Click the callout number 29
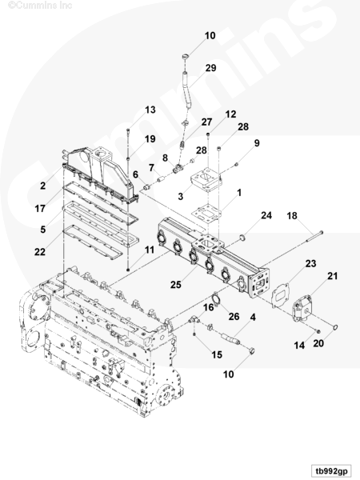(x=210, y=68)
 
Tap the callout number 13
(x=150, y=110)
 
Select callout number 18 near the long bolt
(x=292, y=216)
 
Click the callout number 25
(x=176, y=285)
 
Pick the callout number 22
(x=40, y=252)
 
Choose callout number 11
(x=150, y=250)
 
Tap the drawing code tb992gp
(x=331, y=470)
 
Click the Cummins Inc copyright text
(x=40, y=5)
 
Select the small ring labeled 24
(x=242, y=237)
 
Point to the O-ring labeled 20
(x=334, y=328)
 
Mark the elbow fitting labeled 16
(x=194, y=320)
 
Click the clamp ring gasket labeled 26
(x=217, y=299)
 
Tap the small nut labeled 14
(x=318, y=331)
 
